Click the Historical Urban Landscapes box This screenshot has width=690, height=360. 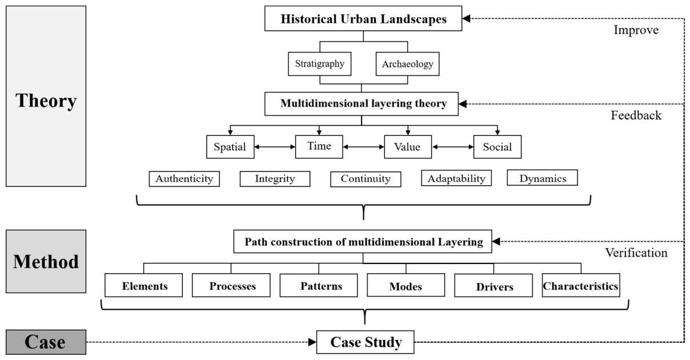(363, 18)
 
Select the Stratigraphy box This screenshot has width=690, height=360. (319, 64)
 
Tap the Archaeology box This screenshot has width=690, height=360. (407, 64)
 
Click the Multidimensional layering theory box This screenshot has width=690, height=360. (362, 104)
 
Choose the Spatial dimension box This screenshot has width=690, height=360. (230, 147)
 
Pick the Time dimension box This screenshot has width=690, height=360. (319, 147)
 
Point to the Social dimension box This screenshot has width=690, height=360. (497, 147)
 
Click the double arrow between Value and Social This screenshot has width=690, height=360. (452, 147)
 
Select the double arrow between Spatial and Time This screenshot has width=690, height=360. (275, 147)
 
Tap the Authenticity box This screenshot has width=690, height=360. (184, 179)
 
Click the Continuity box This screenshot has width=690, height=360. (366, 179)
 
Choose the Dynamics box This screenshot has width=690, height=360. (542, 178)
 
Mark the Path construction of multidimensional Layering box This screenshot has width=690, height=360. (363, 241)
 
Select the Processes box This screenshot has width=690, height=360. (231, 285)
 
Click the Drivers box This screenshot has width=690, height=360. (493, 285)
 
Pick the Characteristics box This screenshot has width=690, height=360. (581, 285)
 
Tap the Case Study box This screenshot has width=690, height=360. (366, 342)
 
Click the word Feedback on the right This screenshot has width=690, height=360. (636, 115)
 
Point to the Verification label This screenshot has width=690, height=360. (636, 253)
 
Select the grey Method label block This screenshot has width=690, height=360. (46, 261)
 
